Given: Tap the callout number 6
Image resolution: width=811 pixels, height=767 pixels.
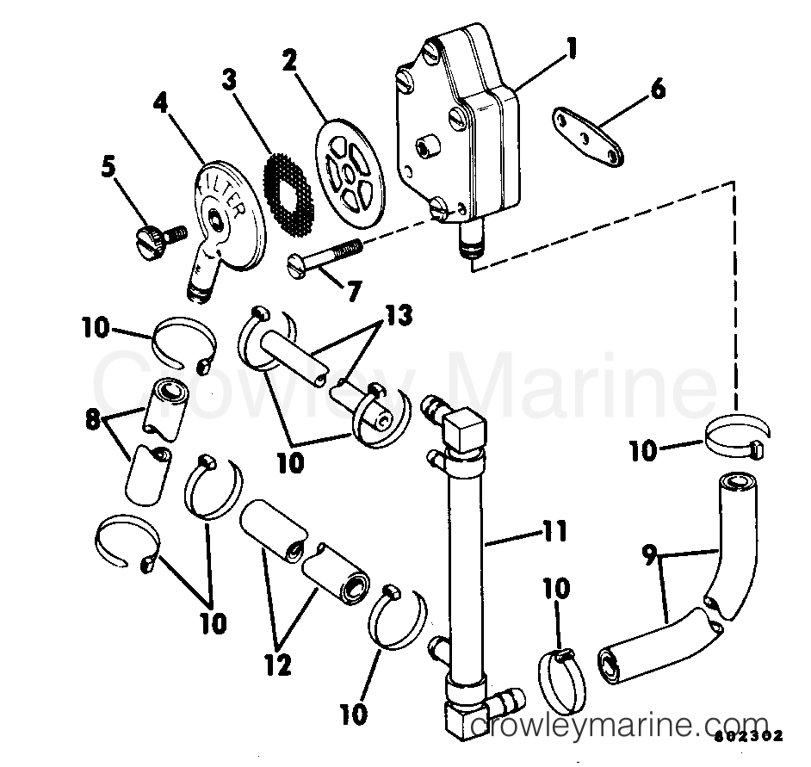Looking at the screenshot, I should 658,89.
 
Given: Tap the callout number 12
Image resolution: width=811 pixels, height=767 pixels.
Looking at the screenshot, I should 278,664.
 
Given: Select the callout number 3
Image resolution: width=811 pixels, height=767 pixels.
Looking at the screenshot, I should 228,78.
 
